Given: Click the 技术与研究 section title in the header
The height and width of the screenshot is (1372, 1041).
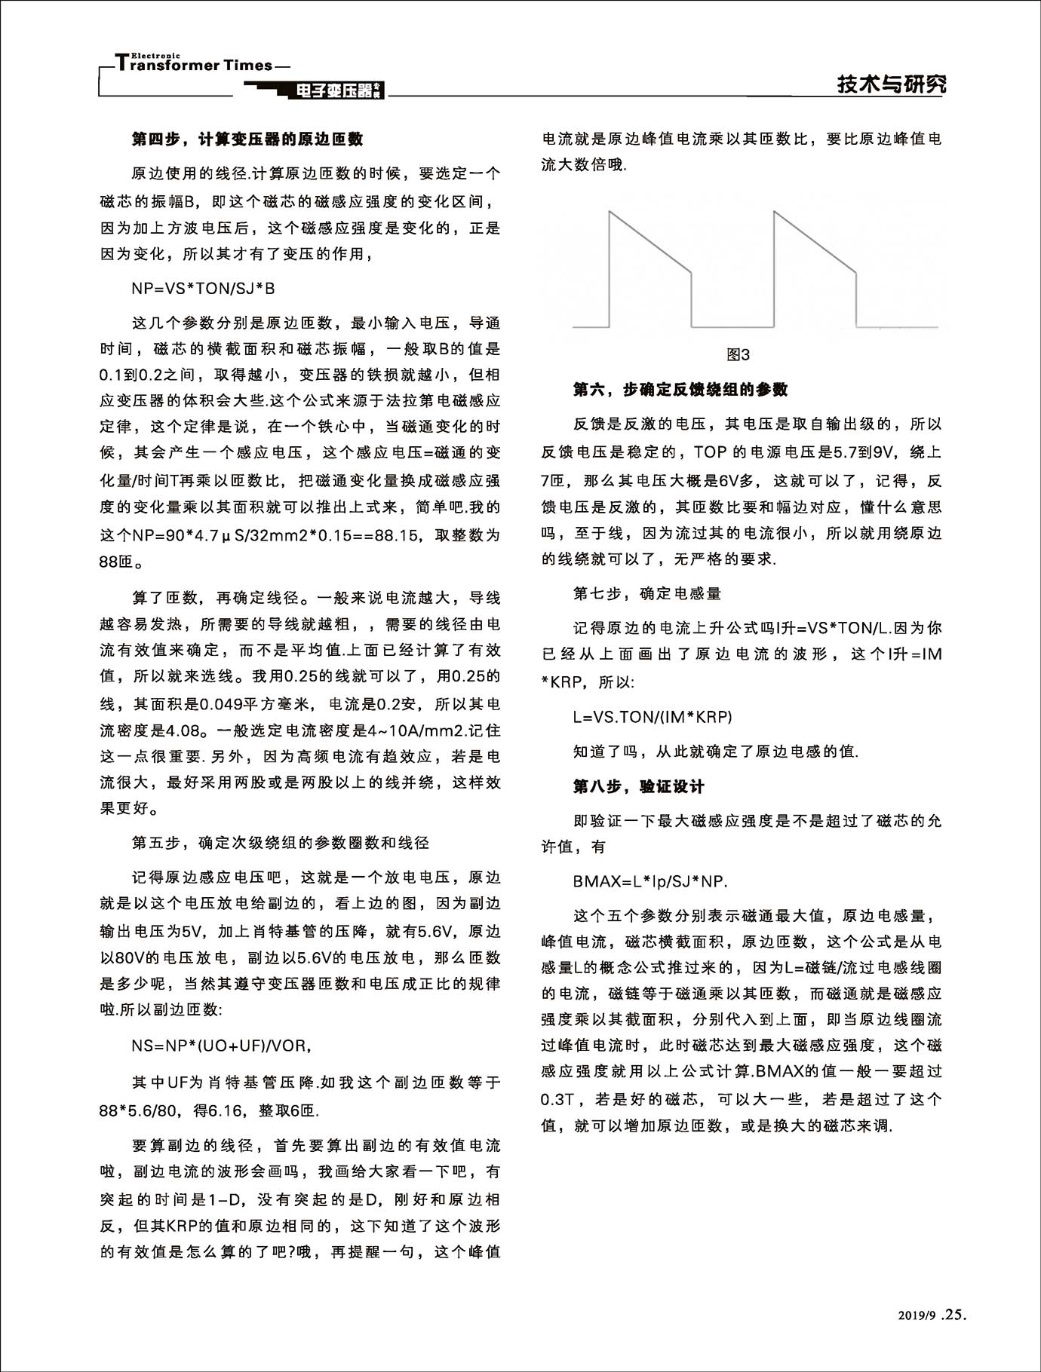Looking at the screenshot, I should click(x=891, y=84).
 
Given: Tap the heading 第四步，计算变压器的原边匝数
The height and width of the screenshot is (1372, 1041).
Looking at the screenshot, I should click(x=247, y=139).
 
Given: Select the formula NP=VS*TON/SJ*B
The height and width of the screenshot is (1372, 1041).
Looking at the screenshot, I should click(x=203, y=289).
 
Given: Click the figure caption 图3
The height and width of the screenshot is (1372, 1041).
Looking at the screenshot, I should click(x=738, y=354).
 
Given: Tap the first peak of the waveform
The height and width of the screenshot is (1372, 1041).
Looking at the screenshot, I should click(x=610, y=212).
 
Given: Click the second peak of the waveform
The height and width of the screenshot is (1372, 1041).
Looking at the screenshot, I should click(x=774, y=212).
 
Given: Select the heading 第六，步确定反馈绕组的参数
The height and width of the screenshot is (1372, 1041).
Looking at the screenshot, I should click(x=680, y=390).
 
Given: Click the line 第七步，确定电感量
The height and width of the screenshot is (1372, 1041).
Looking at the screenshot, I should click(x=647, y=593).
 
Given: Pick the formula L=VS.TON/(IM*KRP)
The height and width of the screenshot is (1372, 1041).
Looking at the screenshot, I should click(x=653, y=717).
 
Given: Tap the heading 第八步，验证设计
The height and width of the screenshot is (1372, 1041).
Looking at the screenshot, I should click(x=638, y=786).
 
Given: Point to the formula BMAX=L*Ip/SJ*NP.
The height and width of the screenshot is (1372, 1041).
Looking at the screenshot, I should click(x=650, y=881).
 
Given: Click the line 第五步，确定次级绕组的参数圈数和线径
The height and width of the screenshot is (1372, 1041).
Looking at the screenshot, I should click(x=281, y=842).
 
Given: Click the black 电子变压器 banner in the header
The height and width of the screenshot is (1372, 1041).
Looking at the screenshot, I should click(x=336, y=91).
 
